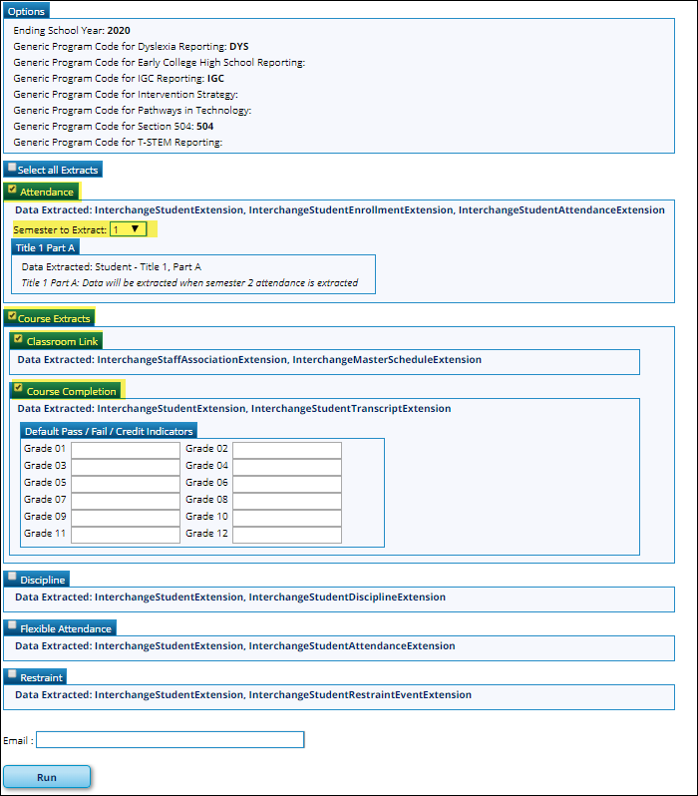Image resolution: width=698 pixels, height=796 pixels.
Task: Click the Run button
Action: (x=47, y=777)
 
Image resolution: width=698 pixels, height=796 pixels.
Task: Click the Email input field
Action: (x=170, y=740)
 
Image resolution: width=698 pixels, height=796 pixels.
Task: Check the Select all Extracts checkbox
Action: (x=11, y=169)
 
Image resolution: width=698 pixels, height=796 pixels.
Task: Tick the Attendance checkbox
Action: (x=12, y=190)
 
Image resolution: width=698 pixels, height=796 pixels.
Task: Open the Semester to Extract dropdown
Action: (x=129, y=229)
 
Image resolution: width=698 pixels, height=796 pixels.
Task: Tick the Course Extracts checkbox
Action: (x=12, y=317)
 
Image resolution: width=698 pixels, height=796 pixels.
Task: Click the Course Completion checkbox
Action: (x=19, y=389)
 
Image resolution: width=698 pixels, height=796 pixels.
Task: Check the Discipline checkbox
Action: (x=12, y=578)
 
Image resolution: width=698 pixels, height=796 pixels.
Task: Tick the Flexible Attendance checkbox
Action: (x=12, y=626)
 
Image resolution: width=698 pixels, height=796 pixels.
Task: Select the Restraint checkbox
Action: (x=12, y=675)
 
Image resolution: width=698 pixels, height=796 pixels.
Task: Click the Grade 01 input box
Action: (x=126, y=450)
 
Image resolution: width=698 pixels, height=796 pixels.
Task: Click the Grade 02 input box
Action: (x=287, y=450)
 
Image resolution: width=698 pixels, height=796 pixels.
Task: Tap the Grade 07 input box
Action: (x=126, y=501)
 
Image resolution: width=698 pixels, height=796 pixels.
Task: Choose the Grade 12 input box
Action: (x=287, y=535)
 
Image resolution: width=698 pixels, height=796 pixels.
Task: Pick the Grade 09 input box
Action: (x=126, y=518)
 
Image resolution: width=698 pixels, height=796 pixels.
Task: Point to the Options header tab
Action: (x=27, y=10)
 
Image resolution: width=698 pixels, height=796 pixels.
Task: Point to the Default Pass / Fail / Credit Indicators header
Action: (x=109, y=431)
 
